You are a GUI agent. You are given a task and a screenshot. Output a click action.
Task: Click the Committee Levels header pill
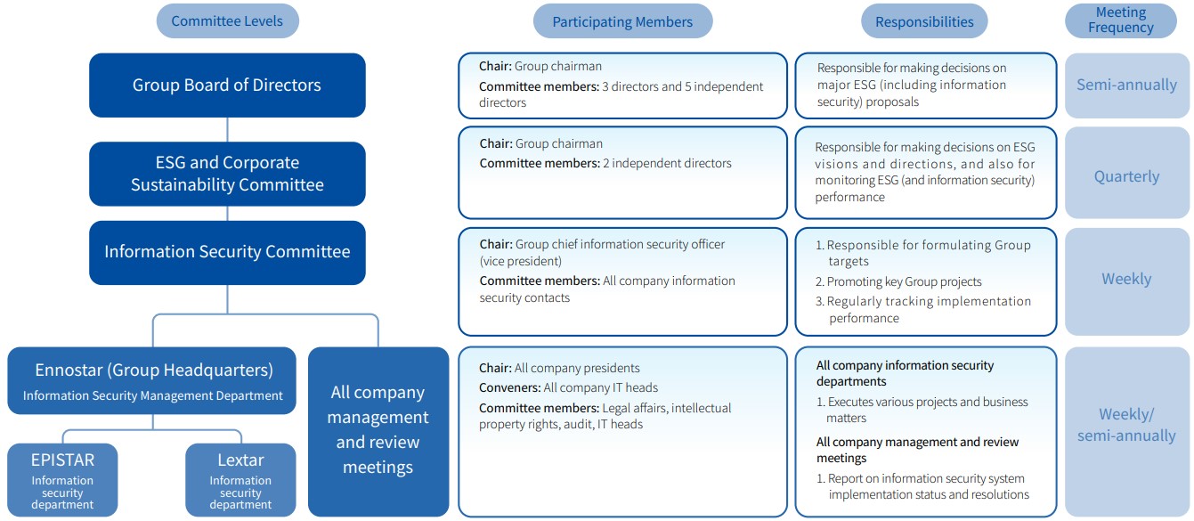pos(227,21)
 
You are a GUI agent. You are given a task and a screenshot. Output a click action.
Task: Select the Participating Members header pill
pos(622,21)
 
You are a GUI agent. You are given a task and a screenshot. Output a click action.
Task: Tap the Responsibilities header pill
pos(924,21)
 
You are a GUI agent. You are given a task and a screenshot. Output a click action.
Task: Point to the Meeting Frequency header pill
pos(1120,20)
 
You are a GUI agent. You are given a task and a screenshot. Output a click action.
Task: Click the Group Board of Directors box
pos(227,85)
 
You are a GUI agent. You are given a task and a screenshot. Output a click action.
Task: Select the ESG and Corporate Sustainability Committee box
pos(227,174)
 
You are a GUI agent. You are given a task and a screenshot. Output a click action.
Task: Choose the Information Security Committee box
pos(227,252)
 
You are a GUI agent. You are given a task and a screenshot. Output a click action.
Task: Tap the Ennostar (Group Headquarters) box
pos(153,380)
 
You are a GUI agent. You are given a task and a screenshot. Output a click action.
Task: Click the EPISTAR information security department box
pos(62,479)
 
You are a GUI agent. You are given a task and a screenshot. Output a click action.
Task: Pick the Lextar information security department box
pos(240,479)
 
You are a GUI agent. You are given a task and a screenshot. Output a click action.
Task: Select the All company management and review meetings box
pos(378,430)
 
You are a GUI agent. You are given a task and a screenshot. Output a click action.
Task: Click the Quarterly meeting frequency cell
pos(1126,176)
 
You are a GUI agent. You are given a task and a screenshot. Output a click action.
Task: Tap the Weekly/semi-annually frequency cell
pos(1126,425)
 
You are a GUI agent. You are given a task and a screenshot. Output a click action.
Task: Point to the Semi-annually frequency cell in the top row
pos(1126,85)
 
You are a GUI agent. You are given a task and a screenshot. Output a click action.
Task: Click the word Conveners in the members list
pos(509,387)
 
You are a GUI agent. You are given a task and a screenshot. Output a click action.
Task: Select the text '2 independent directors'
pos(668,164)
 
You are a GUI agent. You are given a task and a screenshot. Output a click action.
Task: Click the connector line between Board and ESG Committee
pos(227,129)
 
